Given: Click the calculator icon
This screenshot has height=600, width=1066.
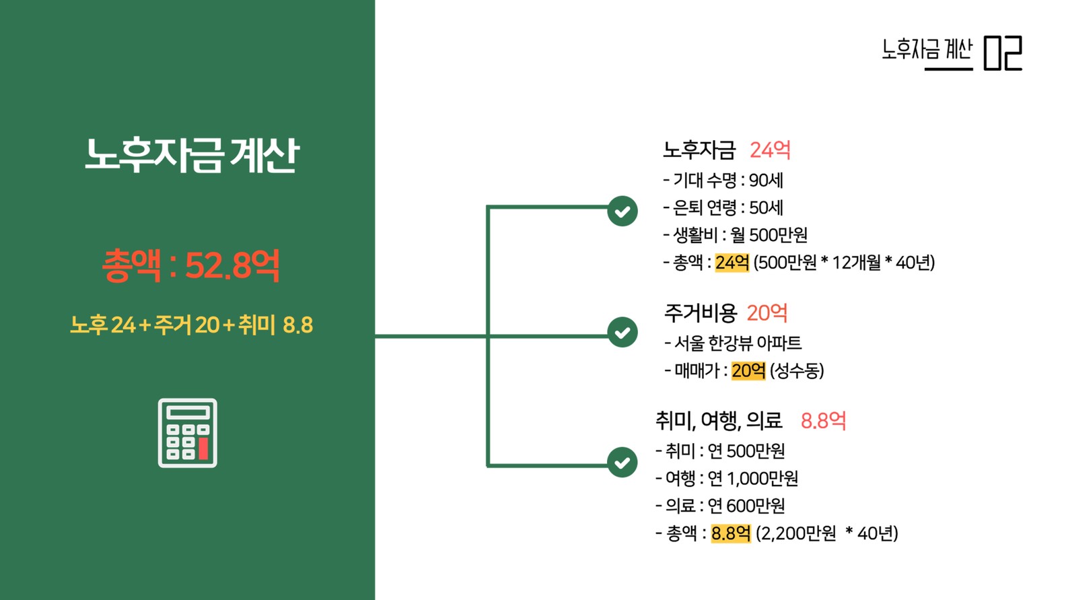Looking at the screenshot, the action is [188, 433].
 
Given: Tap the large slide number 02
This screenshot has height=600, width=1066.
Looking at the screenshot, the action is [1003, 53].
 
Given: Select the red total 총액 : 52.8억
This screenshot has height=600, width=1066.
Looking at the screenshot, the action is [191, 265].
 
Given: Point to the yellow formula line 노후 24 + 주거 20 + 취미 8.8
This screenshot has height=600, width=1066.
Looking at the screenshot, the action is [191, 325].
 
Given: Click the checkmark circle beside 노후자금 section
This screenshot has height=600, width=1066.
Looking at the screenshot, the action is [623, 211].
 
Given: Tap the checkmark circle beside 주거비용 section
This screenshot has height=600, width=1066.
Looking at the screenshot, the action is [623, 332].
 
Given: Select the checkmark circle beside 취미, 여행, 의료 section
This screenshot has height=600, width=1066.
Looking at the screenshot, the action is [623, 462].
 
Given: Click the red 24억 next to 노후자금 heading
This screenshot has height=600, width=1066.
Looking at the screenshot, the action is [770, 150].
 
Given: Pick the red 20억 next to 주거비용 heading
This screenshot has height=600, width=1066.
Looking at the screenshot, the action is [767, 313].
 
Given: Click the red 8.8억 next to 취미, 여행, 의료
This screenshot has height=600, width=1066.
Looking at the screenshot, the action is [823, 420].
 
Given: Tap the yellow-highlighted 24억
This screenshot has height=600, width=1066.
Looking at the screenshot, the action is [732, 263].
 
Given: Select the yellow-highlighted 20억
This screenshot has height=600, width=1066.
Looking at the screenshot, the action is [748, 370].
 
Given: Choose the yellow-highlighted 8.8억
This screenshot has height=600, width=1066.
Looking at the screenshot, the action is [731, 533].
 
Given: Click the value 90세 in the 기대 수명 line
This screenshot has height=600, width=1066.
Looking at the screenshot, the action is [766, 180].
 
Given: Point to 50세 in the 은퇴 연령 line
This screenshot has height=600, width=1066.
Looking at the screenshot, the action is [766, 207].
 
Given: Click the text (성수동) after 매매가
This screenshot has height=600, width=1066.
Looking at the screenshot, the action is [797, 370].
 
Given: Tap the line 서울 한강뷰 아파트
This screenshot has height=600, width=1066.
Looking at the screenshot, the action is [734, 343].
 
